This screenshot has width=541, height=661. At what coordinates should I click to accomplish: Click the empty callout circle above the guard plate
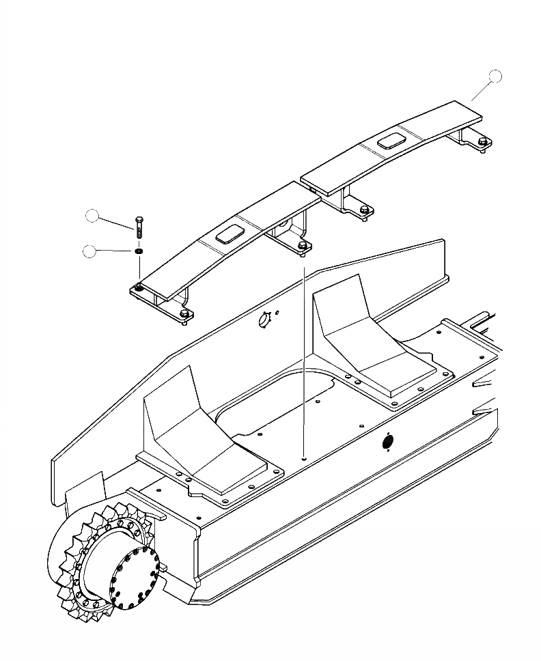click(497, 76)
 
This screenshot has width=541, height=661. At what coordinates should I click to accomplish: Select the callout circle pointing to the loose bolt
click(92, 216)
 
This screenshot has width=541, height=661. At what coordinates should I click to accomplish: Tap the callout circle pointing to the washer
click(89, 251)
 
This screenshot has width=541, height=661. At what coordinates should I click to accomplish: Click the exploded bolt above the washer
click(140, 225)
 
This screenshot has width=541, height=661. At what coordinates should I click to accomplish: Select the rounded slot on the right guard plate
click(391, 141)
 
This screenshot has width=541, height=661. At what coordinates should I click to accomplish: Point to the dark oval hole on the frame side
click(387, 442)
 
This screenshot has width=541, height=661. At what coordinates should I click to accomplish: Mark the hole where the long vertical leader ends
click(303, 459)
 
